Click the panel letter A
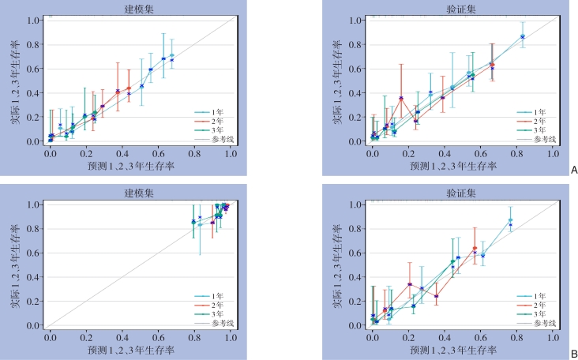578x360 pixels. pos(573,169)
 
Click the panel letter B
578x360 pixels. pos(573,354)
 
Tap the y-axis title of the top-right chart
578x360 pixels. pos(338,81)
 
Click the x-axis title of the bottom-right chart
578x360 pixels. pos(460,349)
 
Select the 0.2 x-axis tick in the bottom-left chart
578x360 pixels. pos(86,338)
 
